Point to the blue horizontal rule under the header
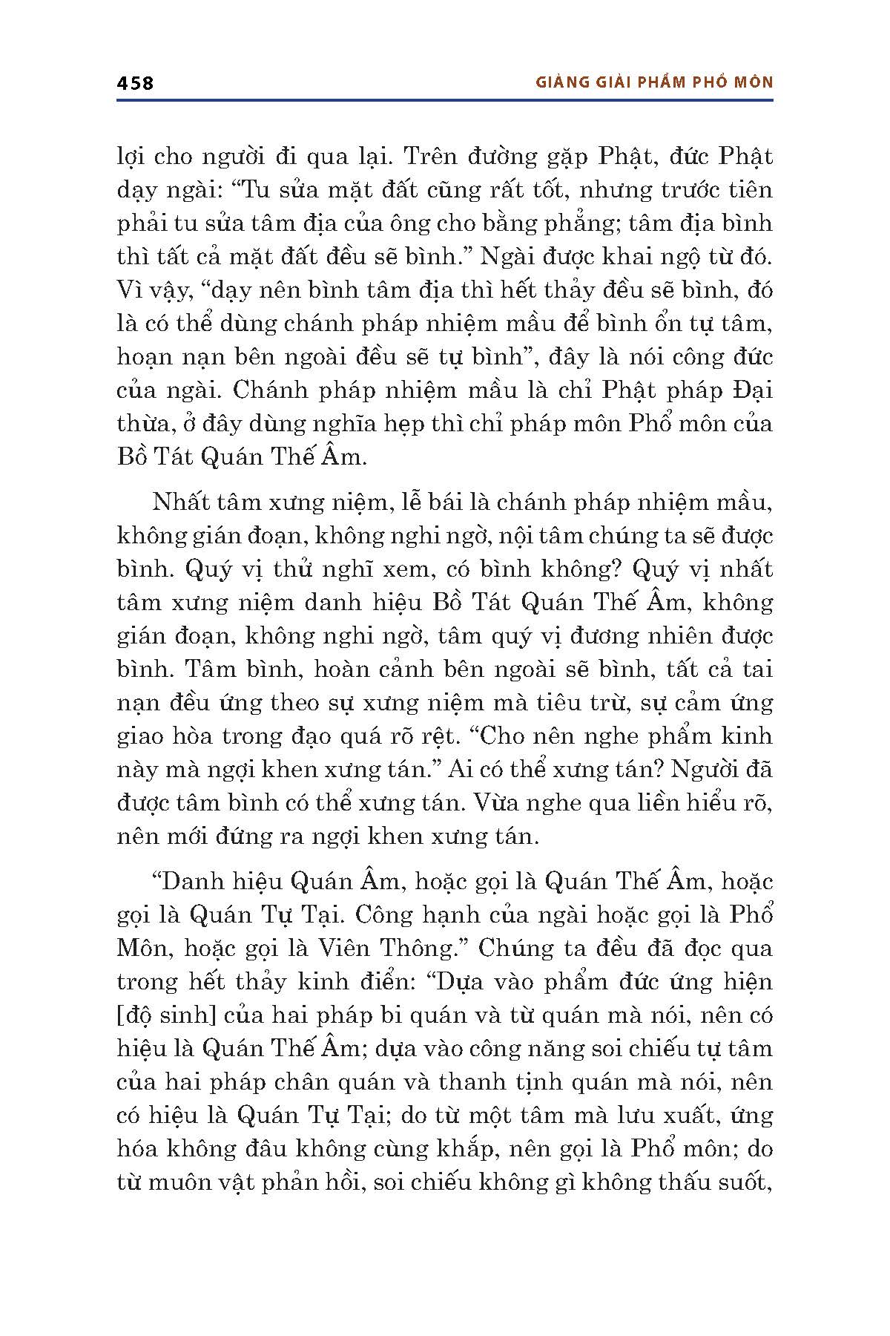pos(445,99)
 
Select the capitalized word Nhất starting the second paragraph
pos(182,502)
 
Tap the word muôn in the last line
pos(197,1182)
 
